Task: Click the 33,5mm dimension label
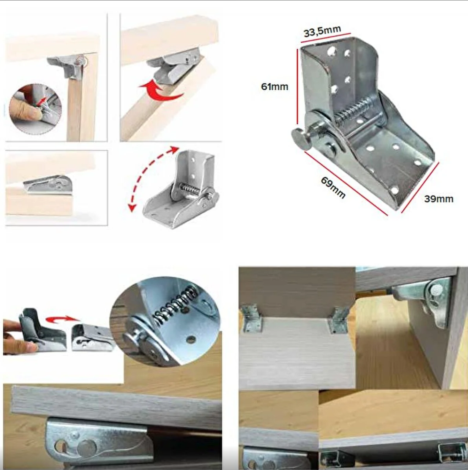click(x=322, y=31)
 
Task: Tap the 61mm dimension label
click(x=274, y=87)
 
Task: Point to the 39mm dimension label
click(x=439, y=199)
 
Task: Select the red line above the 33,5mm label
click(x=326, y=38)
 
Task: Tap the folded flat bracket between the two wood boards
click(x=48, y=184)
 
